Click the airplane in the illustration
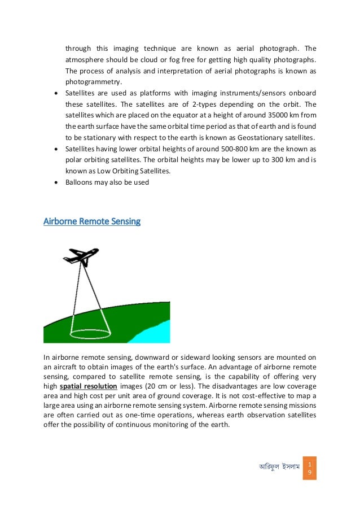[81, 256]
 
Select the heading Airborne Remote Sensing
[92, 221]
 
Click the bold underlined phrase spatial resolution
[89, 386]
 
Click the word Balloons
[80, 182]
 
